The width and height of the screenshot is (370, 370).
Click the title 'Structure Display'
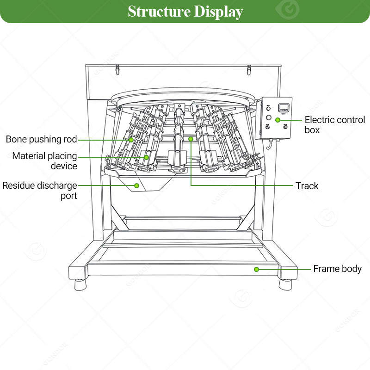click(185, 12)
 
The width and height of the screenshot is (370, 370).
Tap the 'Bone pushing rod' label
click(41, 140)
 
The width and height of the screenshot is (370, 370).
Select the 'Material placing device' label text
click(44, 161)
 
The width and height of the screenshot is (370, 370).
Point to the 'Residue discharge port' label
click(40, 191)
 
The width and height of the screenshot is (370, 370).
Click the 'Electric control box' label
click(335, 125)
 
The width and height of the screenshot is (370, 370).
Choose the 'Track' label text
click(307, 186)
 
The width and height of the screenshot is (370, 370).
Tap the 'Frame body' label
click(338, 269)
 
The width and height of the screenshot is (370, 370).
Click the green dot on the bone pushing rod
click(131, 140)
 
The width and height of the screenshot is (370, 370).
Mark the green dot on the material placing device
click(147, 157)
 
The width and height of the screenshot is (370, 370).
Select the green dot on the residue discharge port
click(136, 186)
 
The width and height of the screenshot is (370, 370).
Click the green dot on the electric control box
click(278, 120)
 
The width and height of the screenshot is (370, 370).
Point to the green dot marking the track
click(191, 139)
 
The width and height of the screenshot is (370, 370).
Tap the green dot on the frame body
click(257, 269)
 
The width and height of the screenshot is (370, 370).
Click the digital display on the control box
click(284, 108)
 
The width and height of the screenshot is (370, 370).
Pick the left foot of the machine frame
click(80, 284)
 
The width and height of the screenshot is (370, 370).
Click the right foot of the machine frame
click(285, 284)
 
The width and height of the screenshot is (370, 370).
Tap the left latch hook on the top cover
click(117, 70)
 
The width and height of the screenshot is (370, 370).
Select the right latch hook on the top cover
click(249, 70)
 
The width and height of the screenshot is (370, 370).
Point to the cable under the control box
click(270, 144)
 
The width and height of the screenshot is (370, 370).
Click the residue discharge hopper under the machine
click(146, 184)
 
